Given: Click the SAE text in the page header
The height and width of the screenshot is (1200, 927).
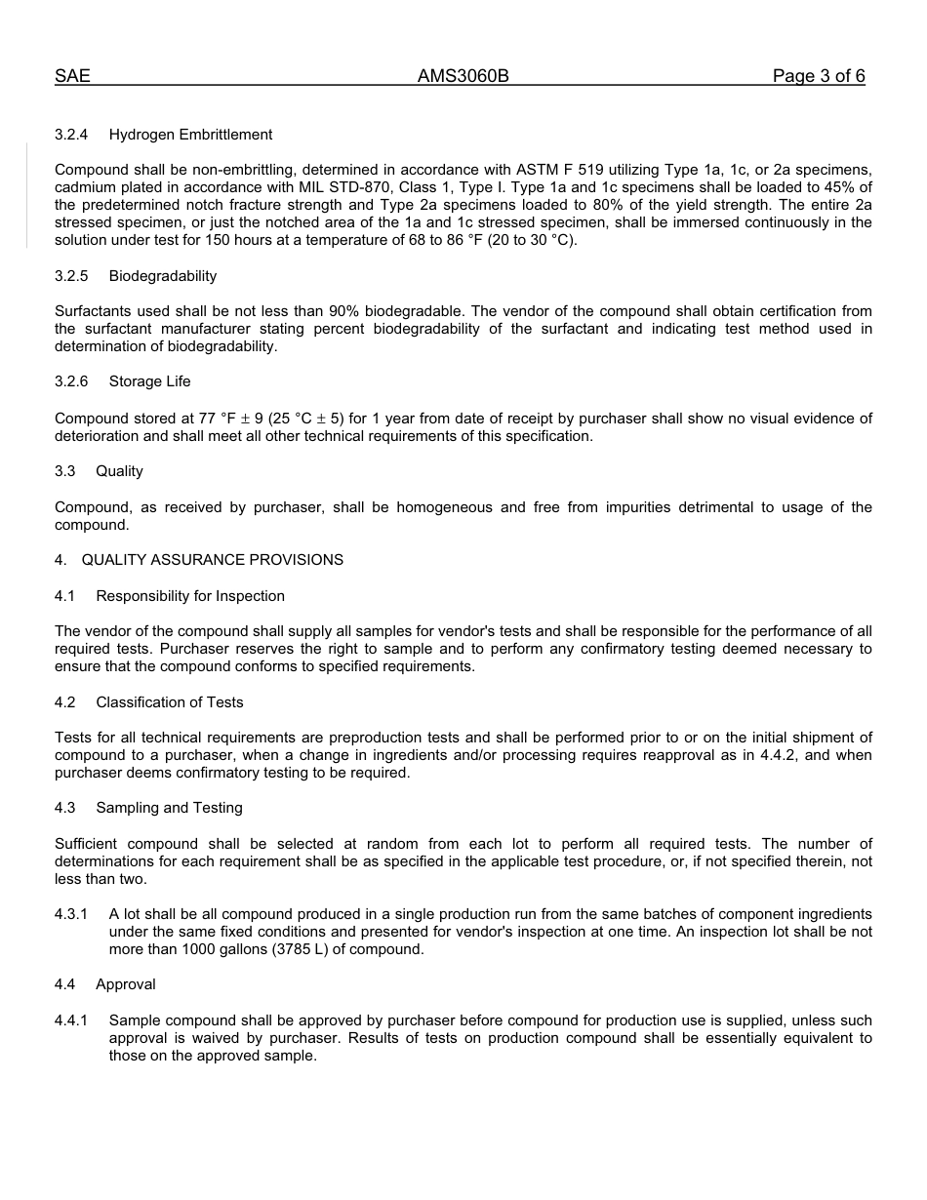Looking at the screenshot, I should (72, 76).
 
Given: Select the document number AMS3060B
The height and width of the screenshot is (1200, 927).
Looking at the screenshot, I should (463, 76).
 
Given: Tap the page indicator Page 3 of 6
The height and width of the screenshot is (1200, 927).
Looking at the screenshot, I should (818, 76).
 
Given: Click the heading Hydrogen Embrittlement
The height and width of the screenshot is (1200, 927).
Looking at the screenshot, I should (190, 135).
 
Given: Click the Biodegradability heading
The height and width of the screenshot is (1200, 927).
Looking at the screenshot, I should (163, 276).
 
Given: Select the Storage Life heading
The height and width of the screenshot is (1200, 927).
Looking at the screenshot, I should (150, 381).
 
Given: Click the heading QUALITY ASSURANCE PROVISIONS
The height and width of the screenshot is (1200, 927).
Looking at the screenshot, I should (213, 560).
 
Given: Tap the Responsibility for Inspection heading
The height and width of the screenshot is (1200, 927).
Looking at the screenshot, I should (190, 596).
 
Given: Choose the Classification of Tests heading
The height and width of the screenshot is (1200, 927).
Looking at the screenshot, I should (170, 702).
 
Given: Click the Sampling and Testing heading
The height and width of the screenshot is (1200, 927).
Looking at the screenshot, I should (169, 808).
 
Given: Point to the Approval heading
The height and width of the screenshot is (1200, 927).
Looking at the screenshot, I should (126, 984).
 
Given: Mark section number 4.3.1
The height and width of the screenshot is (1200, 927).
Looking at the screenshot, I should (71, 914).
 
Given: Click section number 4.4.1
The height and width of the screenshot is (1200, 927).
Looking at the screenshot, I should (71, 1020).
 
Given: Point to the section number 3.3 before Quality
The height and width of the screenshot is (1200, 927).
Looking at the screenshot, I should (65, 471).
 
